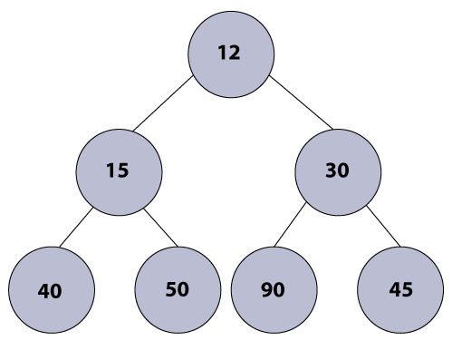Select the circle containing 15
tap(119, 170)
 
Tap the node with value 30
tap(338, 170)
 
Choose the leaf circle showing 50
tap(178, 289)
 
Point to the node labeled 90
tap(274, 289)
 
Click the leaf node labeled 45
tap(400, 289)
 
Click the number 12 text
tap(229, 53)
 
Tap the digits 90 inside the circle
tap(273, 290)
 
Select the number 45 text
tap(400, 290)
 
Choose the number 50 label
tap(178, 289)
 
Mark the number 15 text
tap(118, 170)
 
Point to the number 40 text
tap(50, 291)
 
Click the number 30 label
tap(338, 170)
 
